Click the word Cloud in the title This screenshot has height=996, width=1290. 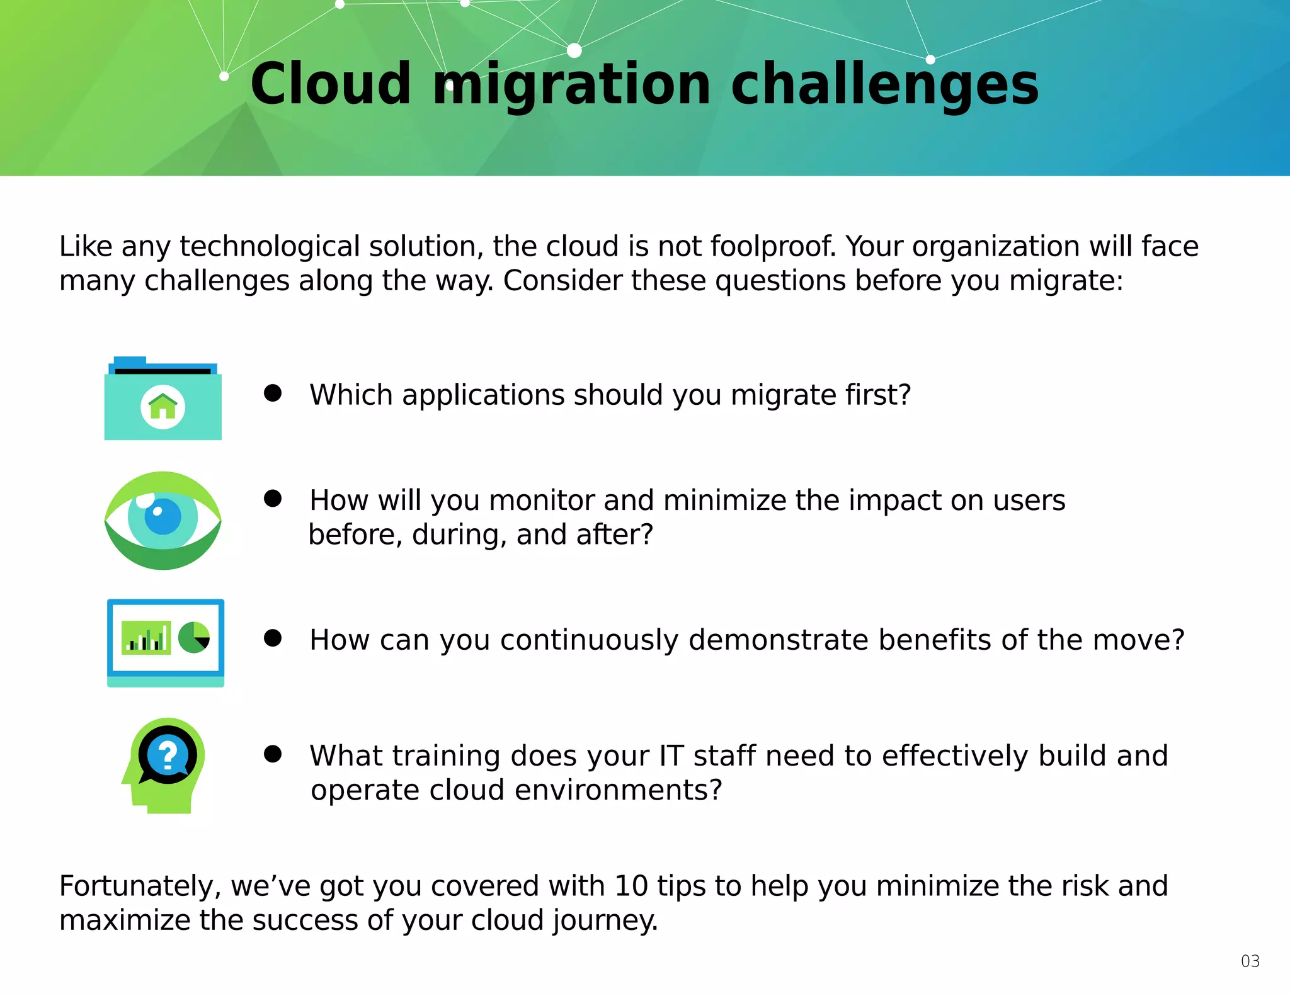click(331, 84)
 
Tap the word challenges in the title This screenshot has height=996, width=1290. click(884, 84)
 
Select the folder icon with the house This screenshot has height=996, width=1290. click(163, 399)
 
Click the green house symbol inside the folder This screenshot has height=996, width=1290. click(163, 406)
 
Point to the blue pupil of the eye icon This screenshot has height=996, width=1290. click(163, 516)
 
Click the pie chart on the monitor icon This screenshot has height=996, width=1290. click(194, 637)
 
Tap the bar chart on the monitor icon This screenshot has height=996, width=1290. click(146, 638)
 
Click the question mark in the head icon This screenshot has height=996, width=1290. click(168, 755)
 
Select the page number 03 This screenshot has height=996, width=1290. click(1250, 961)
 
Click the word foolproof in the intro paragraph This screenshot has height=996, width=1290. click(773, 247)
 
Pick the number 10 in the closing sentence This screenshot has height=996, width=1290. click(631, 886)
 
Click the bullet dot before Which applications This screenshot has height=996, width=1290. click(273, 393)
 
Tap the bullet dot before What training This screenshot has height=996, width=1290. click(273, 754)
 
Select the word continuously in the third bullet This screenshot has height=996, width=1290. click(590, 640)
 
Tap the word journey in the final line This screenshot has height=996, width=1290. click(605, 921)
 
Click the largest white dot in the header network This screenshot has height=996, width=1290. click(574, 50)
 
